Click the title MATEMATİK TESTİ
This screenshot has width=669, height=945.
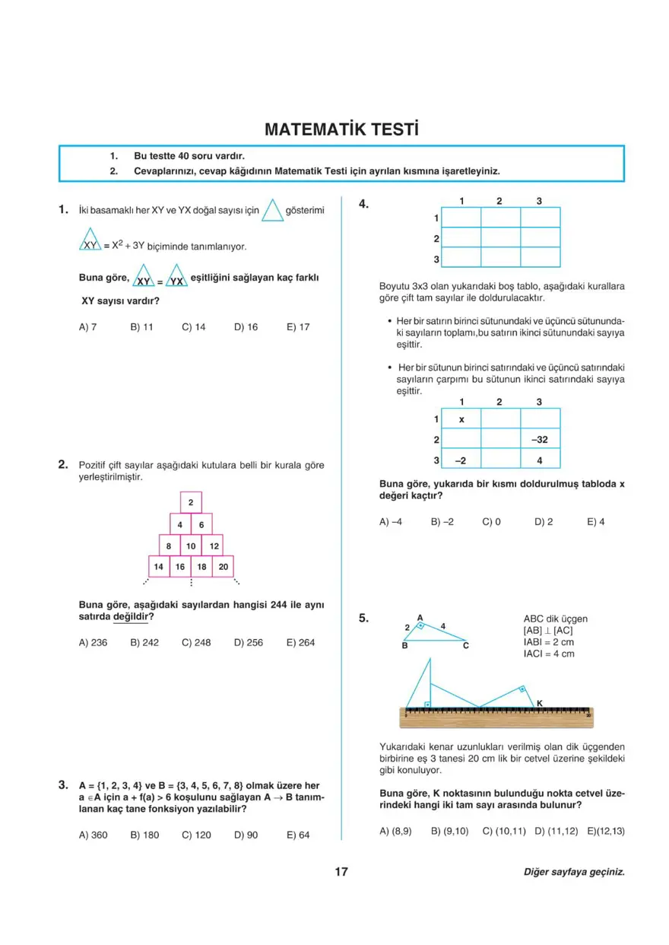point(341,129)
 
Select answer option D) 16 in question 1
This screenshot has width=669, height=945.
point(246,327)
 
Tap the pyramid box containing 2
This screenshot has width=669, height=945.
point(191,503)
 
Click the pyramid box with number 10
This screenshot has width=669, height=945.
point(191,546)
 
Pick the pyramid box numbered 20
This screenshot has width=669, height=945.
point(223,567)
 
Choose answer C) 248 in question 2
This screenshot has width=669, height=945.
point(196,642)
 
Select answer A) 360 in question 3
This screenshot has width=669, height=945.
point(93,835)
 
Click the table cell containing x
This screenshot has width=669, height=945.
point(461,419)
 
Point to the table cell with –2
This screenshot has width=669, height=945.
point(461,460)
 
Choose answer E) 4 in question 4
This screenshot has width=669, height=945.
point(595,522)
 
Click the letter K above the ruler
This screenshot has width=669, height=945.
point(539,703)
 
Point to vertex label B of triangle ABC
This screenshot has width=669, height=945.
point(405,645)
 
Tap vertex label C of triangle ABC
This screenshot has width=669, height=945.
point(466,645)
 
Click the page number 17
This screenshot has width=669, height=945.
point(341,872)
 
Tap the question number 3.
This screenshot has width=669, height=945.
point(64,784)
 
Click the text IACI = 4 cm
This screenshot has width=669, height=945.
point(549,654)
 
